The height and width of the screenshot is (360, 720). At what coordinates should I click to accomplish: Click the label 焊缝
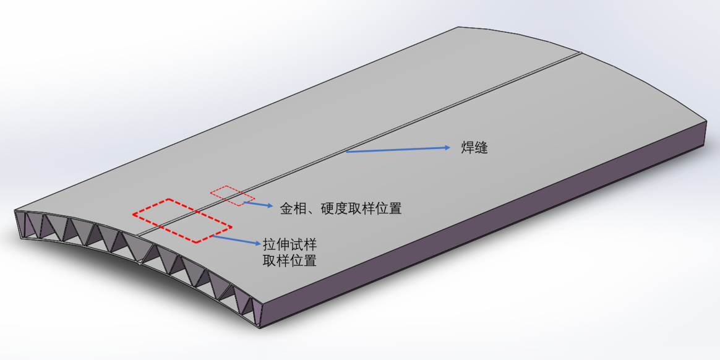474,148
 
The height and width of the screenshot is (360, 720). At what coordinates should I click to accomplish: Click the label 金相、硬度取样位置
341,208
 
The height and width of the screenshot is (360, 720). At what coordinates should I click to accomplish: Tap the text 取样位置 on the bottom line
289,260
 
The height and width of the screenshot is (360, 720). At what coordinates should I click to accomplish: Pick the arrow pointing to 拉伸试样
235,239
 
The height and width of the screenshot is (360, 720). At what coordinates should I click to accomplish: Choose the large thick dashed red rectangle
182,220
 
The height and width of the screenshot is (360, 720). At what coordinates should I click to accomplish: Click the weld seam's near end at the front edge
137,234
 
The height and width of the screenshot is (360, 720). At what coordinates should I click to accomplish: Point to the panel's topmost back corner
458,27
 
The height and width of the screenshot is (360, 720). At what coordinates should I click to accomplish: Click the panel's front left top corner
15,210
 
